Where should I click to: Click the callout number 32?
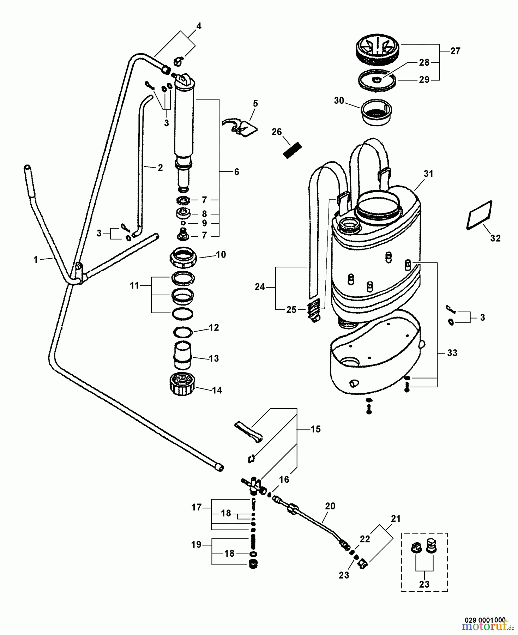(x=495, y=238)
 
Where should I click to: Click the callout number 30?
(x=339, y=101)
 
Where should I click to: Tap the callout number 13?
(x=214, y=358)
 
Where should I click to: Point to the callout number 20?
(x=330, y=506)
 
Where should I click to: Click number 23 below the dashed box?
(x=424, y=584)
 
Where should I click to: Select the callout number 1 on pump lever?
(x=35, y=260)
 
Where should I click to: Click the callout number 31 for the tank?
(x=428, y=174)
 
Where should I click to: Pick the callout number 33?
(x=452, y=353)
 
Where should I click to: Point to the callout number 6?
(x=236, y=172)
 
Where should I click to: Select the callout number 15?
(x=315, y=429)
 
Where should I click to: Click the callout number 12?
(x=214, y=328)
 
